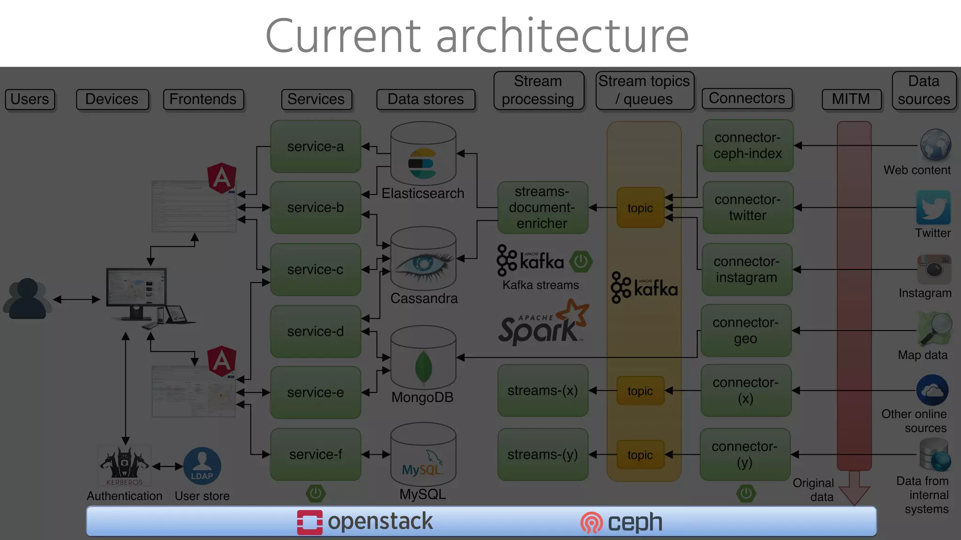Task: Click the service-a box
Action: [x=315, y=146]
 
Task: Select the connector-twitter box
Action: [x=747, y=207]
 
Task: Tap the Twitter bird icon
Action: [x=933, y=208]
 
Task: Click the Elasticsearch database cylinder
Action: [x=423, y=155]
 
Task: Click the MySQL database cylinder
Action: [x=423, y=455]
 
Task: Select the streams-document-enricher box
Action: [x=542, y=207]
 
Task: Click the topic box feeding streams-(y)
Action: [x=640, y=455]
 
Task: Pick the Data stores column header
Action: [x=425, y=99]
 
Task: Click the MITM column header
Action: [x=851, y=99]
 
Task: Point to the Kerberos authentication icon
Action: [x=124, y=466]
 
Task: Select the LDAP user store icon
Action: [x=202, y=466]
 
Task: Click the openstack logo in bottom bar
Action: [x=365, y=522]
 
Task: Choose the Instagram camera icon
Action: [x=934, y=269]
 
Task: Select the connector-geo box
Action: [x=745, y=330]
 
